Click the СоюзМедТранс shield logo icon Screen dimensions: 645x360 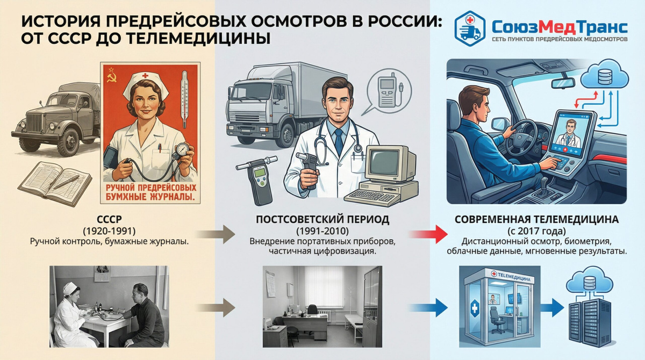(x=470, y=28)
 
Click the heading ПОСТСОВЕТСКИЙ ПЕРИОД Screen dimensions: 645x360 (x=322, y=220)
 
